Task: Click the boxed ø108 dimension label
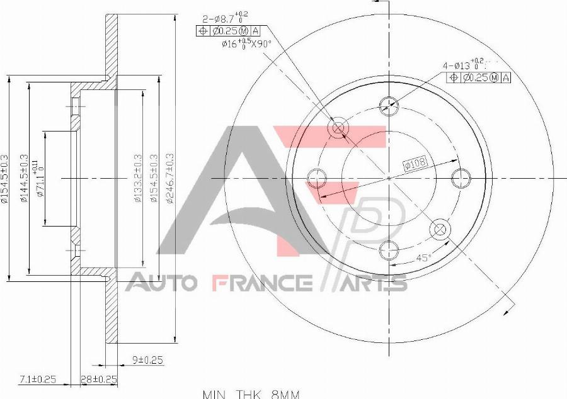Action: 416,164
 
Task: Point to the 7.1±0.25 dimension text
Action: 37,379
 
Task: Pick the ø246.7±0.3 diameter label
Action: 168,179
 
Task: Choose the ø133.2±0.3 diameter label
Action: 137,179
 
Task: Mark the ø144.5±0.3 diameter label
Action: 25,179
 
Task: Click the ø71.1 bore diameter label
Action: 40,179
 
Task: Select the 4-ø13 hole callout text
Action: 467,65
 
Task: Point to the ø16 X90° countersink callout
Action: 246,44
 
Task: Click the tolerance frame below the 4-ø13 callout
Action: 479,77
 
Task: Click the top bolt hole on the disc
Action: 389,105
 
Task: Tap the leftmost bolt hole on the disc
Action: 316,178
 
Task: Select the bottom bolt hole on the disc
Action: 389,250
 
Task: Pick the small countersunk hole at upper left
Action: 338,128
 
